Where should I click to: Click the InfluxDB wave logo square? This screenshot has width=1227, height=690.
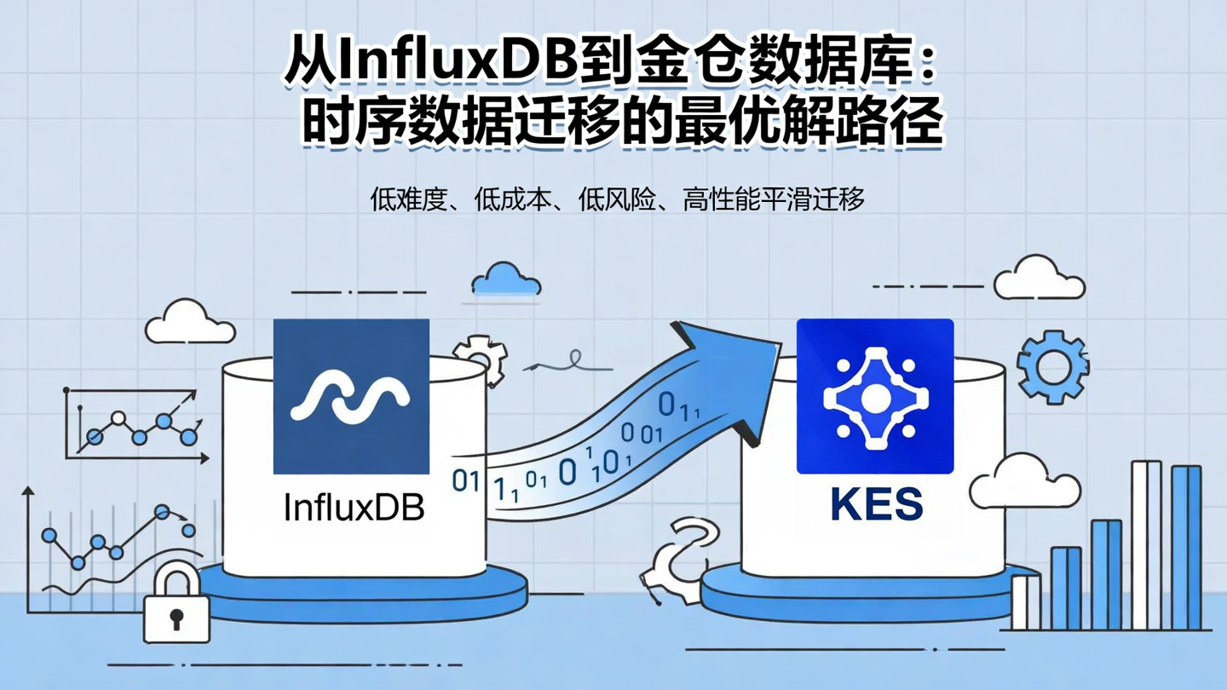[351, 396]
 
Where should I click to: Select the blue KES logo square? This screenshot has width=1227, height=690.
[874, 396]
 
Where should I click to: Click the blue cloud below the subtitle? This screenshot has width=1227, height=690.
[506, 279]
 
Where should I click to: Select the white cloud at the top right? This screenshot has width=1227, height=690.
[1040, 279]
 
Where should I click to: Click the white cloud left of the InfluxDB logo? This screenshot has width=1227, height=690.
[189, 323]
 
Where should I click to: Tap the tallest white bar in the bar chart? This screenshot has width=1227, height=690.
[1146, 545]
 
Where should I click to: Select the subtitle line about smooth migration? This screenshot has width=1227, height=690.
[618, 200]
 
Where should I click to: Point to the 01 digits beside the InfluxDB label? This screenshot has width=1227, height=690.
[465, 481]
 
